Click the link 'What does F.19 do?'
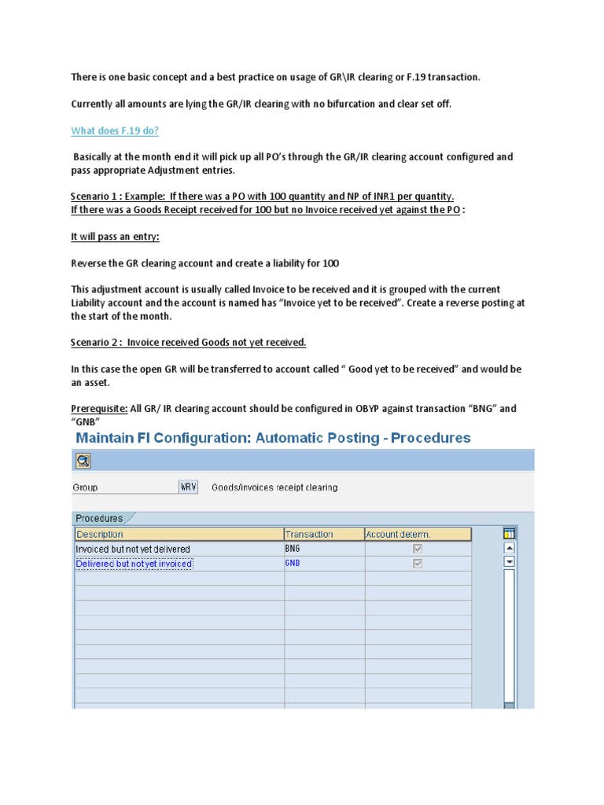tap(120, 130)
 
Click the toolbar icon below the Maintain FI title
tap(83, 461)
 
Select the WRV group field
tap(188, 487)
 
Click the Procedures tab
tap(100, 518)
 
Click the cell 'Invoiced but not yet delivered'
tap(133, 549)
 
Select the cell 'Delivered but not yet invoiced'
tap(134, 564)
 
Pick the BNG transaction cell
tap(293, 549)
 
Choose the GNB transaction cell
tap(293, 564)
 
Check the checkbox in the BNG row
tap(418, 549)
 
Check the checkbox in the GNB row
tap(418, 564)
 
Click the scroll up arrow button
tap(509, 549)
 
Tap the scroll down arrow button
tap(509, 562)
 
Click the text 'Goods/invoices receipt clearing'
tap(274, 487)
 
